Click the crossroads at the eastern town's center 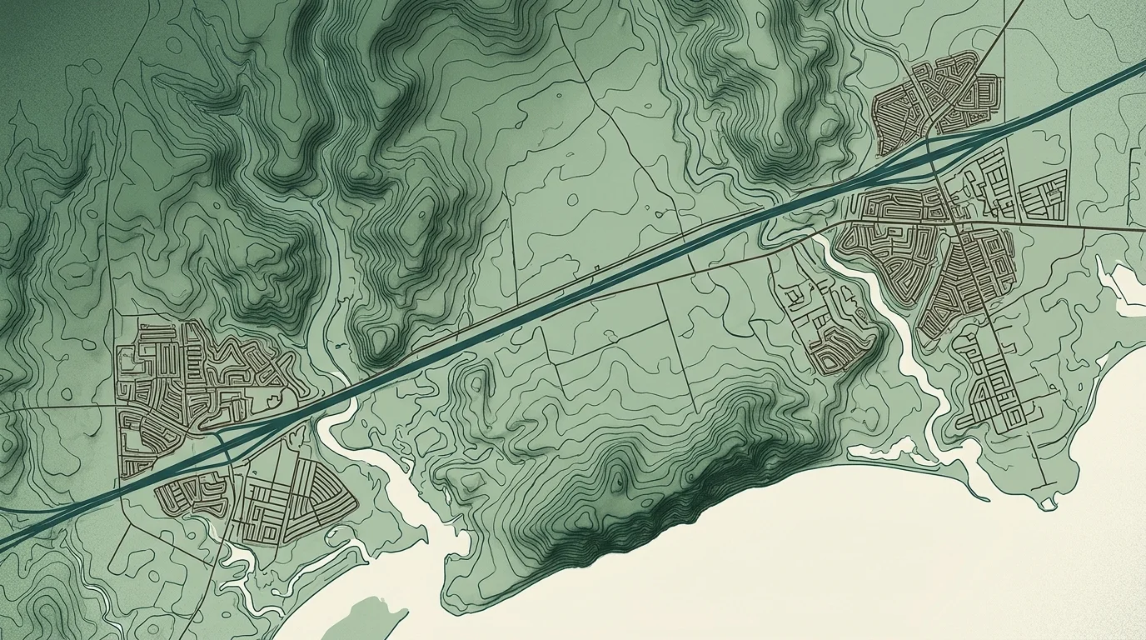(x=958, y=221)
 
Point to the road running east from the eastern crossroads (x=1066, y=226)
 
